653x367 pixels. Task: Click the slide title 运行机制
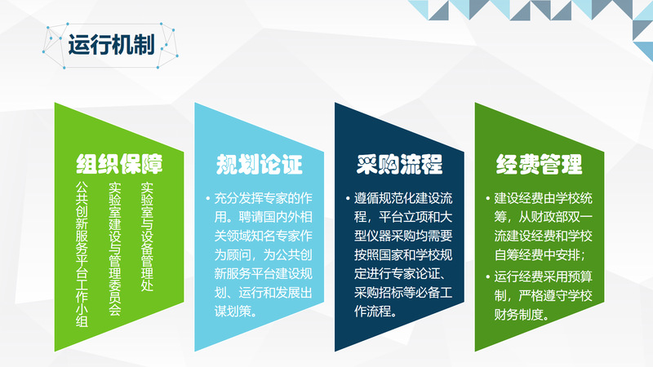click(111, 45)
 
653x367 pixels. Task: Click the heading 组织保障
click(119, 164)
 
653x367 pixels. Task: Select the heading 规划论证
click(259, 164)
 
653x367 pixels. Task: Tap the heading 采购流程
click(399, 164)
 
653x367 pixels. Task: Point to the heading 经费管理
click(539, 164)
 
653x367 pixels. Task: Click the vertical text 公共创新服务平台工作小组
click(82, 254)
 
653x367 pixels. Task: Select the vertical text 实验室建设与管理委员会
click(114, 249)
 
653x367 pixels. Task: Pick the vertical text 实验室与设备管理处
click(147, 237)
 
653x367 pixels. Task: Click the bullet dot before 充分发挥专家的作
click(208, 199)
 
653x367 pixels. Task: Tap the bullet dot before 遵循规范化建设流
click(348, 199)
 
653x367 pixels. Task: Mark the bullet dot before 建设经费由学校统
click(487, 199)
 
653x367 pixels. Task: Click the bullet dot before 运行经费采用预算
click(487, 277)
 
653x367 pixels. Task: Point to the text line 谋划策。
click(236, 312)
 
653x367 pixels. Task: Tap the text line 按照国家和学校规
click(403, 254)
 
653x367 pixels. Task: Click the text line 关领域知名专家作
click(263, 236)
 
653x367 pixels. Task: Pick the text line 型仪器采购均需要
click(403, 236)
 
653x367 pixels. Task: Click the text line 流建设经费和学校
click(544, 236)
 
